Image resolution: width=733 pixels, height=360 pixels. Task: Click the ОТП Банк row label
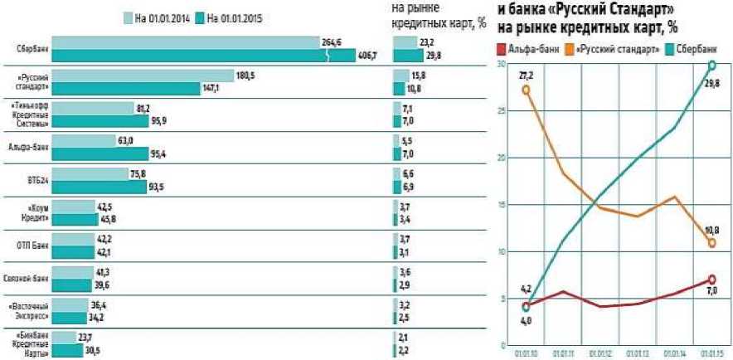pyautogui.click(x=34, y=246)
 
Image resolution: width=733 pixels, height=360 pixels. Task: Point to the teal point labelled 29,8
pyautogui.click(x=712, y=65)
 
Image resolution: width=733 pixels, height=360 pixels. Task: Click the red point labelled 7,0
pyautogui.click(x=712, y=280)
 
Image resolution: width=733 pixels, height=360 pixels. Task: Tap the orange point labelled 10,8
pyautogui.click(x=712, y=243)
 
